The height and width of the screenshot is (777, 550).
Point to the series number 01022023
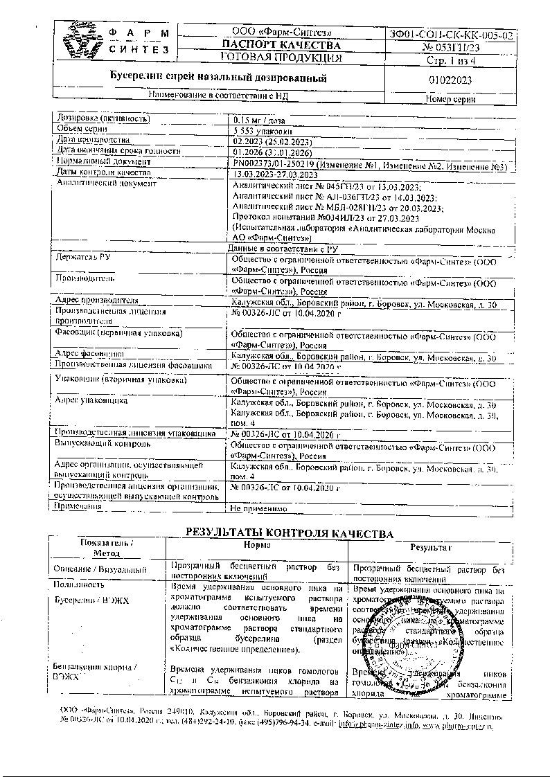pyautogui.click(x=450, y=80)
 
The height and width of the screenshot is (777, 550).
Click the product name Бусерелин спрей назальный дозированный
pyautogui.click(x=220, y=77)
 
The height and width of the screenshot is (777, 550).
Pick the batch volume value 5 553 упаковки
pyautogui.click(x=262, y=129)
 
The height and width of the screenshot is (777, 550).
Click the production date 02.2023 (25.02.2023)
pyautogui.click(x=273, y=140)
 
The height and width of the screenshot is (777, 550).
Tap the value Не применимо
pyautogui.click(x=258, y=508)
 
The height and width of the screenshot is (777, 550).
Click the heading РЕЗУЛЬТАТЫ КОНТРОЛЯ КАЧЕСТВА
pyautogui.click(x=289, y=534)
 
